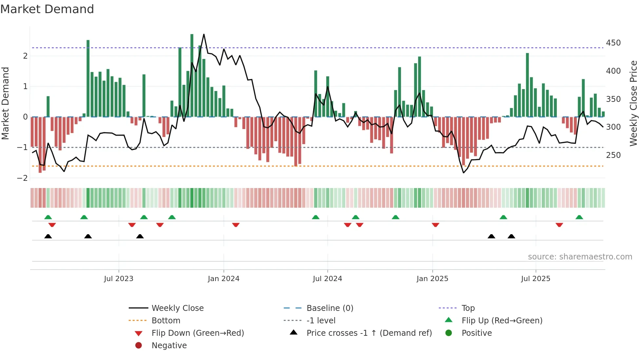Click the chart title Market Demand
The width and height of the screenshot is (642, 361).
[47, 9]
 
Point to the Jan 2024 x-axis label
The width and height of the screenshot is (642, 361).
[223, 279]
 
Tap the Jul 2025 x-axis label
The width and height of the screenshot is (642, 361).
[536, 279]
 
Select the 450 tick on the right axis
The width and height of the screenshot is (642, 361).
[613, 43]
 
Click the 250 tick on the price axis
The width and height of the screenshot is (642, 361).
[613, 155]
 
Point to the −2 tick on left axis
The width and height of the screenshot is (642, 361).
[22, 178]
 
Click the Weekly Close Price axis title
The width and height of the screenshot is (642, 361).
[633, 103]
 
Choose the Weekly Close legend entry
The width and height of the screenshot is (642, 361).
[177, 308]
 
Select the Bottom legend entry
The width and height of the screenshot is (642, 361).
[166, 321]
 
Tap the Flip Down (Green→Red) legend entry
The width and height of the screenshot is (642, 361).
[198, 333]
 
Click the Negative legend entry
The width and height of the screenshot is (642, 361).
[169, 346]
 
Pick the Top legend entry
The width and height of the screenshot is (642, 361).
[468, 308]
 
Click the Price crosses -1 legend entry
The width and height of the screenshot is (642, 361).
[369, 333]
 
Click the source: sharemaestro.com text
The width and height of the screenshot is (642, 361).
[580, 257]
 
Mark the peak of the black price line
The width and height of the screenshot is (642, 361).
[204, 34]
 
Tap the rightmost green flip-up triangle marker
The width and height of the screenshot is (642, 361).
[579, 217]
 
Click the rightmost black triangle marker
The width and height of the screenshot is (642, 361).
[511, 236]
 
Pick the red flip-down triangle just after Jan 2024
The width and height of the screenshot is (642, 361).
[236, 225]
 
